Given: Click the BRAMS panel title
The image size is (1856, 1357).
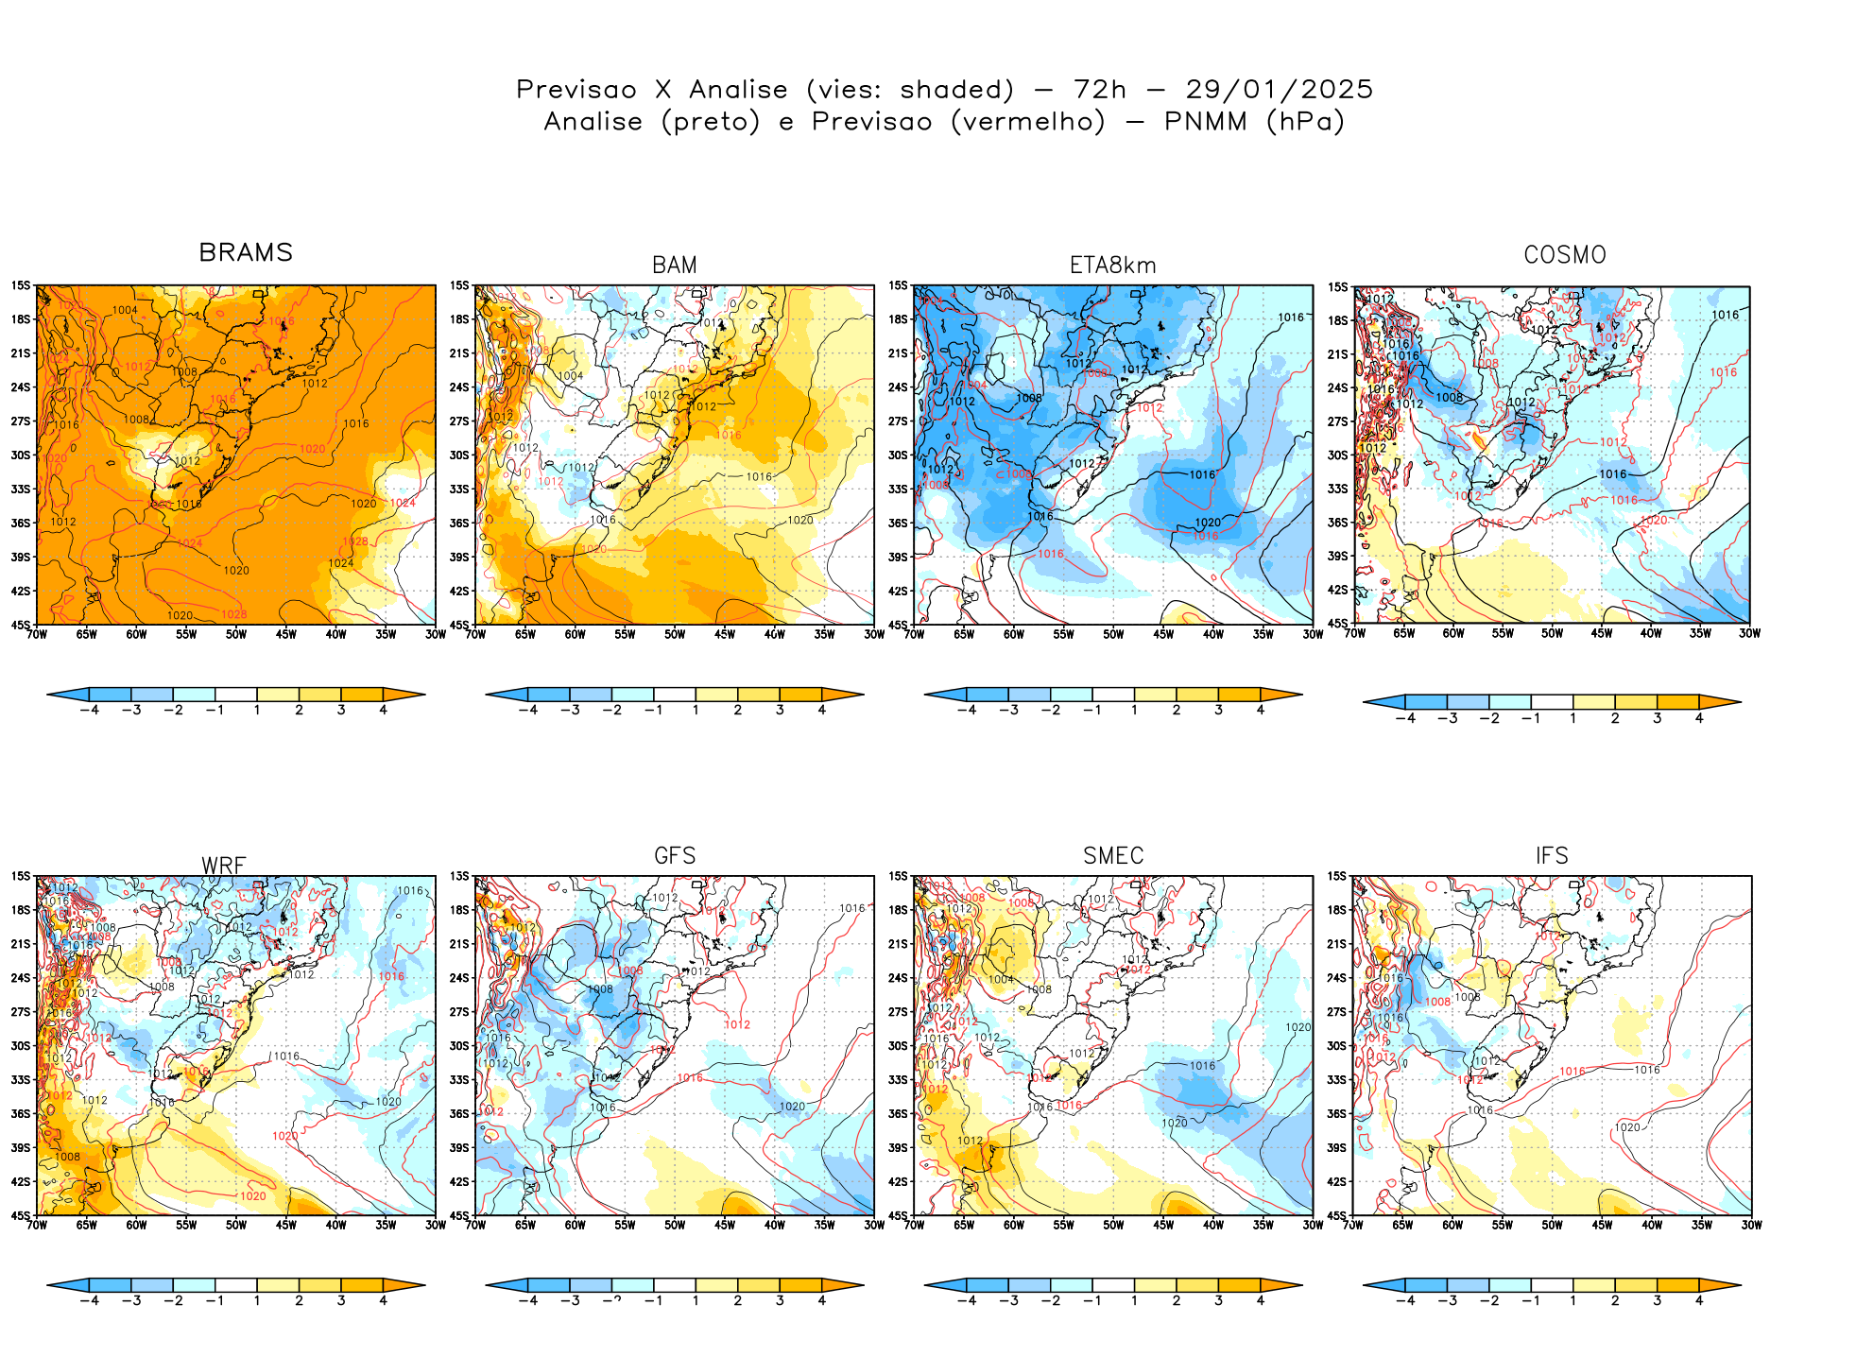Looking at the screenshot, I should pos(246,253).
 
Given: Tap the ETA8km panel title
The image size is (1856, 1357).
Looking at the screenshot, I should pos(1112,266).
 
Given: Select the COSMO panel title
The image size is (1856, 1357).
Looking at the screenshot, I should pos(1564,255).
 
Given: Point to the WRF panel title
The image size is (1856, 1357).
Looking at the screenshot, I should pos(223,866).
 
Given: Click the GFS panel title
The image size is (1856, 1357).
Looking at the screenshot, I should pos(675,856).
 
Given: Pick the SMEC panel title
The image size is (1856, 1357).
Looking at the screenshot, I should pos(1113,856).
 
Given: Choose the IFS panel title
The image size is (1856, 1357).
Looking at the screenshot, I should pos(1552,856).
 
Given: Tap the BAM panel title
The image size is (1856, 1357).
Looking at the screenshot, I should pos(675,266).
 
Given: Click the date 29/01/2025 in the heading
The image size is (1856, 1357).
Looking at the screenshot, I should pos(1279,90).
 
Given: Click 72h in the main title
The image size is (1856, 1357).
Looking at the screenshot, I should pos(1100,90).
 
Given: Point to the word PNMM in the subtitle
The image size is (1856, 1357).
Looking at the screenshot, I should pos(1205,122).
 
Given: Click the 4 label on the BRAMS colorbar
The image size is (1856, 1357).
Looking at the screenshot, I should pos(383,710).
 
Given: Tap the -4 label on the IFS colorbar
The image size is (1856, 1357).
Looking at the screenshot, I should pos(1404,1301).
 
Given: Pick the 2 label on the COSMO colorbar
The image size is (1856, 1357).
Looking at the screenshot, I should pos(1615,718).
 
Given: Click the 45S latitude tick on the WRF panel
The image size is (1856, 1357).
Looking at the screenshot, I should pos(20,1216).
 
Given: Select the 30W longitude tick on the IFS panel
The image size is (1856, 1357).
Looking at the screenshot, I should pos(1751,1226).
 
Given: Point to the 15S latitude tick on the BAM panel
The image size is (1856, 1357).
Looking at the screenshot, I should pos(459,285).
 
